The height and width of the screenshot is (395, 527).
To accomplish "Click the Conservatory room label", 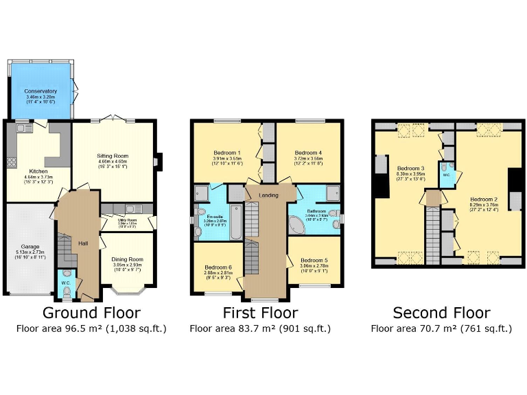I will [x=40, y=91].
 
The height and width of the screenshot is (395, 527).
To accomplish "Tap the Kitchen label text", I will [x=38, y=171].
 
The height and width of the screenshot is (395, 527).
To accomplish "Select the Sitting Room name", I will [x=113, y=156].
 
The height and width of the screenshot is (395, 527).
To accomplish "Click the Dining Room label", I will [x=126, y=259].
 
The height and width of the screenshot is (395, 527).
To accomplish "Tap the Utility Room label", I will [x=127, y=219].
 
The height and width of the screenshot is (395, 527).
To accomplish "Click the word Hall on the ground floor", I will [x=83, y=243].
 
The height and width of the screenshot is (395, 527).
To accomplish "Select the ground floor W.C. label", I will [x=65, y=281].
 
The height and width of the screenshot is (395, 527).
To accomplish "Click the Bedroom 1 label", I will [x=226, y=152].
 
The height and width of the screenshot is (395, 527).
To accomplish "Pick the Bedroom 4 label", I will [x=308, y=152].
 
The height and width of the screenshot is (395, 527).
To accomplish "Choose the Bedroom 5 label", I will [x=314, y=261].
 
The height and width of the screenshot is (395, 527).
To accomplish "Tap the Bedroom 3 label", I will [x=411, y=168].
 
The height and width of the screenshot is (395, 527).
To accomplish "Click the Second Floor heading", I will [x=441, y=313].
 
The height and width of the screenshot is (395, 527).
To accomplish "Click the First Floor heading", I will [x=260, y=313].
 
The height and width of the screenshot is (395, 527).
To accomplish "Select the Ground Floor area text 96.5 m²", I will [x=91, y=329].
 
